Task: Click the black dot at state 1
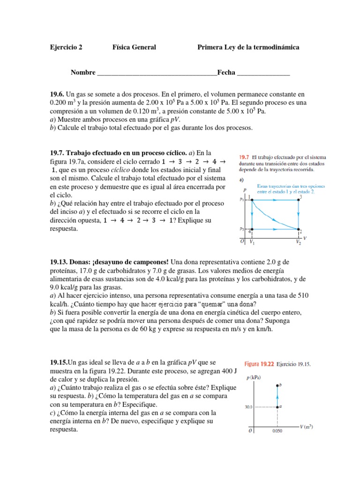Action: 253,200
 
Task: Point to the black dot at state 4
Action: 253,229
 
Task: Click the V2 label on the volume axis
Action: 298,242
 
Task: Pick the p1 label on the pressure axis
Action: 242,200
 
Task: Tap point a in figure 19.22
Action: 277,407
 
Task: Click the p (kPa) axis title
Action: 253,377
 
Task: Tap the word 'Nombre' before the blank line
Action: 83,73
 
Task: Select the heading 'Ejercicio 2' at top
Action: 66,47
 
